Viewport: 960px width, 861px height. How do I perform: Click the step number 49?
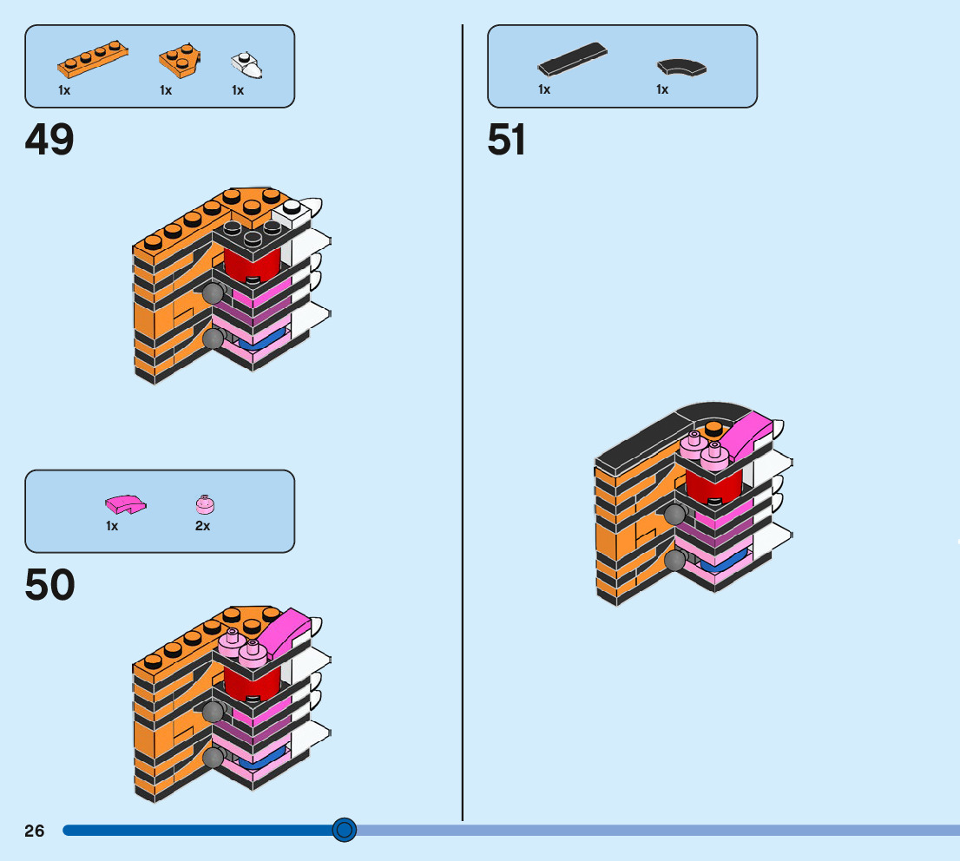49,140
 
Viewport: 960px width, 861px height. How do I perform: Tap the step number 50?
49,585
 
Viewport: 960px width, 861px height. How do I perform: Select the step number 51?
506,140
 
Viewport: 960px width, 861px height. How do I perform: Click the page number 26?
34,831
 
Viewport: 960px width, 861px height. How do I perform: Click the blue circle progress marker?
345,831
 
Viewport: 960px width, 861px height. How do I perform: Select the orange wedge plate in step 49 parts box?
179,60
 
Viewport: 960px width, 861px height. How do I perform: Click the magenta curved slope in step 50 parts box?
125,503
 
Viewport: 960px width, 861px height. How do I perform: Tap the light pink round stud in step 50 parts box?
205,503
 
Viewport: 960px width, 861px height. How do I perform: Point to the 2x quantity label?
202,526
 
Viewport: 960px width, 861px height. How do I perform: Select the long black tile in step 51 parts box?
572,59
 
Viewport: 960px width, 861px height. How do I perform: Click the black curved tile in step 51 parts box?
681,66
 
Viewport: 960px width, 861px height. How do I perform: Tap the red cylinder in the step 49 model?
253,261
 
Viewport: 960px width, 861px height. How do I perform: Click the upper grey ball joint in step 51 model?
674,515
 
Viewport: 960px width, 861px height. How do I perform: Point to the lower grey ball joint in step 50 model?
212,759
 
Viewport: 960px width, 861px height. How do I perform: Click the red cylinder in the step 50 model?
253,681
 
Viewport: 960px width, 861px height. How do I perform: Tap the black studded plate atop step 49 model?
251,233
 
